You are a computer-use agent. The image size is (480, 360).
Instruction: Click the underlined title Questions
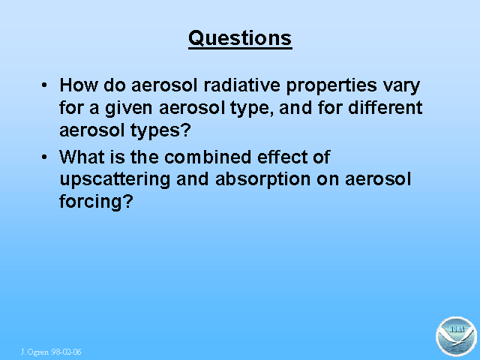(240, 39)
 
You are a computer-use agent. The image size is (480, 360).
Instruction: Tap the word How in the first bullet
(79, 85)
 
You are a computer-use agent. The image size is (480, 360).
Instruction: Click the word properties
(331, 86)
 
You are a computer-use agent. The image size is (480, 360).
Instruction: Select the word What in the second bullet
(82, 157)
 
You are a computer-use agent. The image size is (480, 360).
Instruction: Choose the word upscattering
(115, 181)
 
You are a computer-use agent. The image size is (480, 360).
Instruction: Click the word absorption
(263, 181)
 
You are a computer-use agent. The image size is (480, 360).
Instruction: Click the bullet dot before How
(44, 85)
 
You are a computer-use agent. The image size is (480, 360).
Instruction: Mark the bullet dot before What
(44, 157)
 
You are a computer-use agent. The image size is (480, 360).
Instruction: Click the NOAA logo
(456, 337)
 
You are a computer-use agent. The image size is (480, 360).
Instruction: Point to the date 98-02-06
(66, 352)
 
